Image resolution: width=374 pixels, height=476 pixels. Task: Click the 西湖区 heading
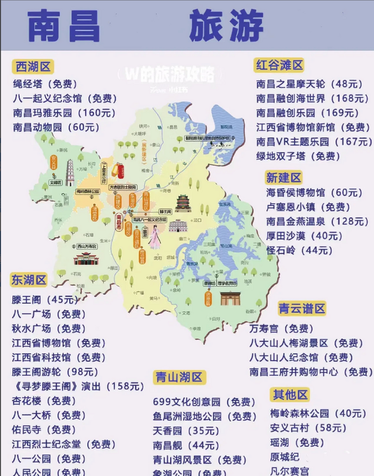coord(33,67)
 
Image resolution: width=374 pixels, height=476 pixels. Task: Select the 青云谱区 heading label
coord(302,309)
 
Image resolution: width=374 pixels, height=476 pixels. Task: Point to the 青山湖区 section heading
coord(179,377)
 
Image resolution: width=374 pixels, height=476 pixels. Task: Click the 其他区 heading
coord(290,395)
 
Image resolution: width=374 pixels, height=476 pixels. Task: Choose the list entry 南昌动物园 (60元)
coord(56,127)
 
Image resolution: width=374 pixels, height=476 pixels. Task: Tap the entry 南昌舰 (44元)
coord(186,445)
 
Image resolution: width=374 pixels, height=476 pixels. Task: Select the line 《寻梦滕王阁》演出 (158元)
coord(78,386)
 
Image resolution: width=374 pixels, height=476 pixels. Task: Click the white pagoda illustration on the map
coord(70,172)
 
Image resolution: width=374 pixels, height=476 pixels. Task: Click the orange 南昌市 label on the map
coord(119,222)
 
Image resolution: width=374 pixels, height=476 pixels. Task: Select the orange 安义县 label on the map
coord(54,163)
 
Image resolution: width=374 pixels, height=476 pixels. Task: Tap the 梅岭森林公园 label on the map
coord(88,192)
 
